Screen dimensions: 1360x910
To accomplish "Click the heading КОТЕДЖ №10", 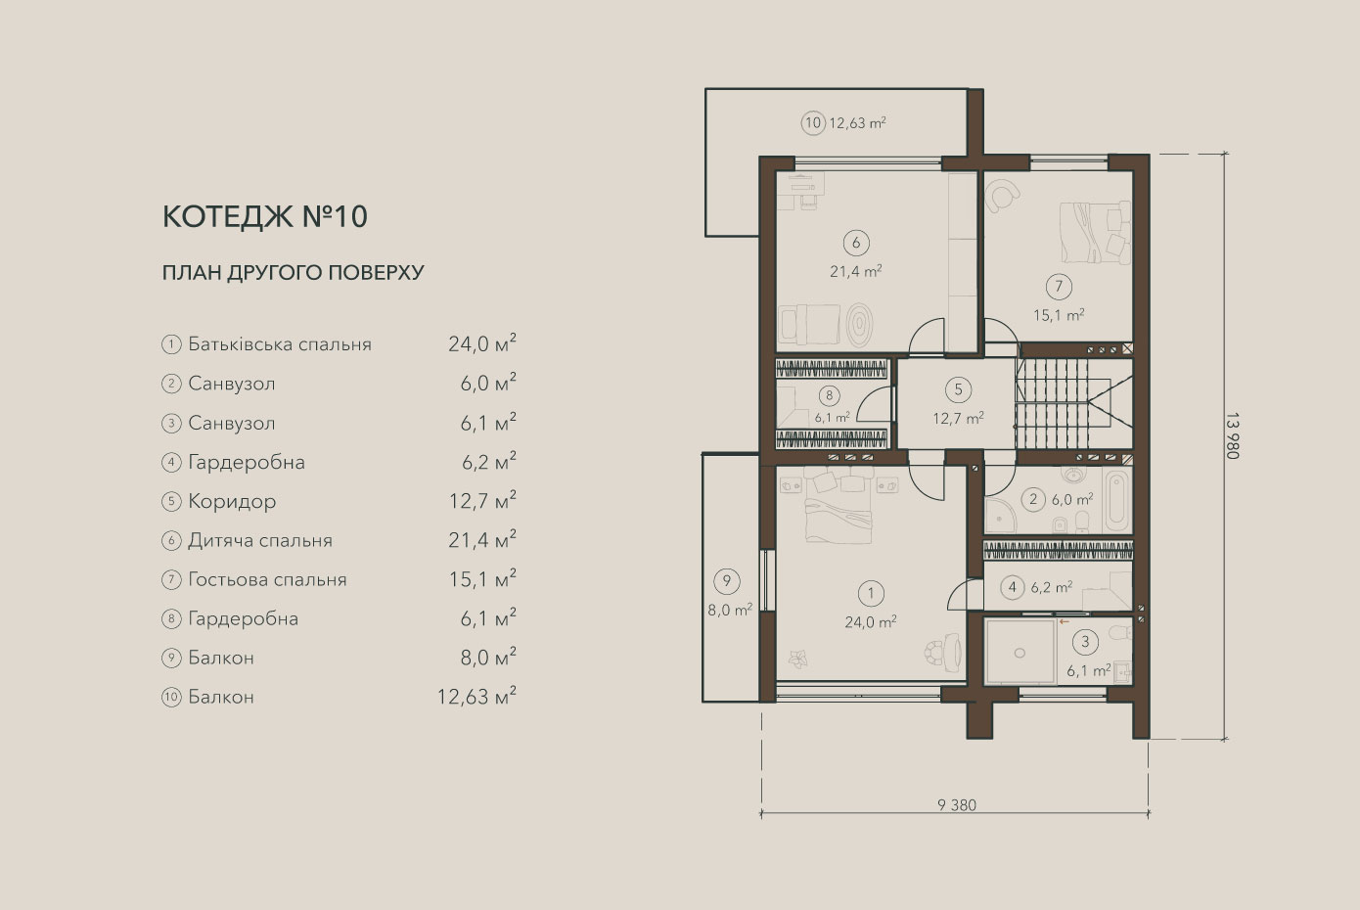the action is pyautogui.click(x=265, y=216).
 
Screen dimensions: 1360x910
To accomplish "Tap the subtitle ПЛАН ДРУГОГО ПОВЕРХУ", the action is pyautogui.click(x=293, y=273).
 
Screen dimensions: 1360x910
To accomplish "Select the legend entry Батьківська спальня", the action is pyautogui.click(x=279, y=344).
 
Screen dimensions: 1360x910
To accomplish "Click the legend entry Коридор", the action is pyautogui.click(x=232, y=501).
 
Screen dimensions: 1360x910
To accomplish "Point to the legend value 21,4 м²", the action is pyautogui.click(x=482, y=539).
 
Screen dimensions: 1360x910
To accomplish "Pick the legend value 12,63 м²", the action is pyautogui.click(x=476, y=696).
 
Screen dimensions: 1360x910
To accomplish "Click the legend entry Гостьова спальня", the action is pyautogui.click(x=267, y=579).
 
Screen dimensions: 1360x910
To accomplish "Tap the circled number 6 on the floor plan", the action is pyautogui.click(x=856, y=243).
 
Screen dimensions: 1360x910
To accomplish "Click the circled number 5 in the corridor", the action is pyautogui.click(x=958, y=389).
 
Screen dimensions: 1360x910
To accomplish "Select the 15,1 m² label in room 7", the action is pyautogui.click(x=1059, y=315).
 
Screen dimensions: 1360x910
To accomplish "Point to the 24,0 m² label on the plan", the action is pyautogui.click(x=871, y=621).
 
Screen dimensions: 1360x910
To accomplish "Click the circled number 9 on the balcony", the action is pyautogui.click(x=727, y=581).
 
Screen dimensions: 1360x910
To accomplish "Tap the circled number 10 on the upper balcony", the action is pyautogui.click(x=813, y=123).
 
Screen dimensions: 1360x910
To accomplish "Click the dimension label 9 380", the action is pyautogui.click(x=957, y=805).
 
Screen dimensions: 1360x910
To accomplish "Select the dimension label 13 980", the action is pyautogui.click(x=1232, y=435).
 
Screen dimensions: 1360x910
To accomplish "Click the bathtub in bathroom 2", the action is pyautogui.click(x=1117, y=501).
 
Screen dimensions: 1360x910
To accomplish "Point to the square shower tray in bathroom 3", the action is pyautogui.click(x=1020, y=653).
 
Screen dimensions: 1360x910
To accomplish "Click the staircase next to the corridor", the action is pyautogui.click(x=1074, y=402).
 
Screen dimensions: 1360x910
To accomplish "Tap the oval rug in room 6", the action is pyautogui.click(x=860, y=325).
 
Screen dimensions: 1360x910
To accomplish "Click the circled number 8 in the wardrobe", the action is pyautogui.click(x=829, y=396).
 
